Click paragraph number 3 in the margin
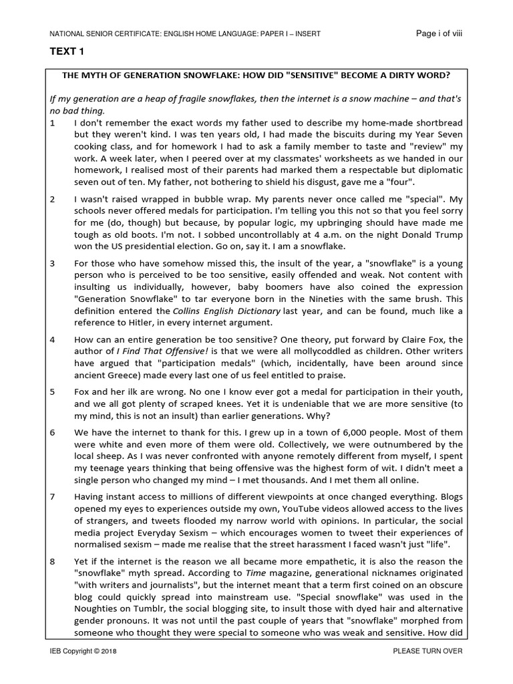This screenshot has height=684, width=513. pyautogui.click(x=53, y=263)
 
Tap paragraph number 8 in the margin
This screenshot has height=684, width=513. pyautogui.click(x=53, y=562)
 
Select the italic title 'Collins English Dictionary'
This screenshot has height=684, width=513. pyautogui.click(x=216, y=311)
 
